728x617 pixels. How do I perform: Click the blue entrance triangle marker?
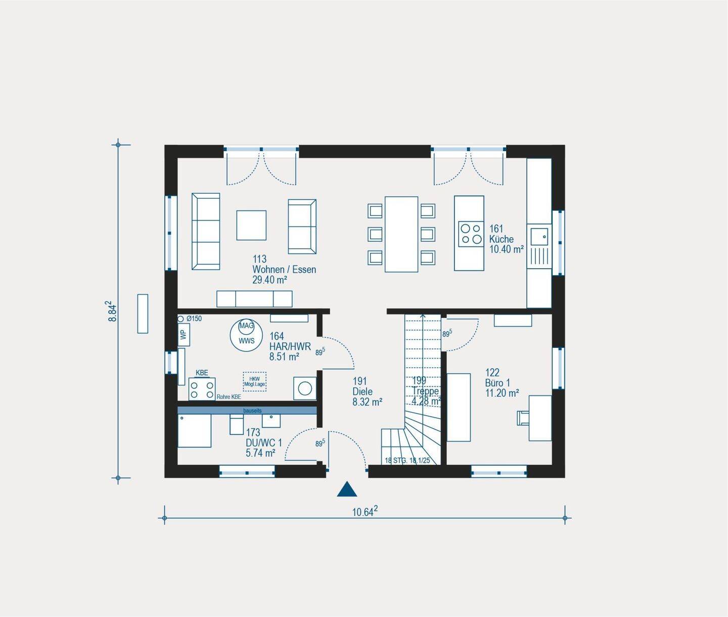[x=347, y=490]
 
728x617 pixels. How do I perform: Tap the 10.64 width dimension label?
[x=365, y=512]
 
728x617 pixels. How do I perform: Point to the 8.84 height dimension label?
[x=112, y=312]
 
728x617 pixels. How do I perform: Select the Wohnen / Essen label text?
[x=284, y=270]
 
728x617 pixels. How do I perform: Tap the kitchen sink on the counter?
[x=539, y=237]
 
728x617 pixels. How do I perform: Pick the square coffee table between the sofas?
[x=251, y=225]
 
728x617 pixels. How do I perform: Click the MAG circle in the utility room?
[x=246, y=326]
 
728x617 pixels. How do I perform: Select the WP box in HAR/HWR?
[x=184, y=335]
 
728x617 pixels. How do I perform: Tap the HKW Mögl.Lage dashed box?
[x=254, y=381]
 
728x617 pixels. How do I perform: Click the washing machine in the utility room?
[x=305, y=388]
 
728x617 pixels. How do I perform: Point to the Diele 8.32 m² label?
[x=367, y=391]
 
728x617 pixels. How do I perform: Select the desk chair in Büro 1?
[x=523, y=418]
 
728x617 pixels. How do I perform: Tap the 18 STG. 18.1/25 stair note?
[x=407, y=461]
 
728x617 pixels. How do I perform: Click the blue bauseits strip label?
[x=252, y=411]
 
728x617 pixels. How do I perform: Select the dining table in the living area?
[x=401, y=234]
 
